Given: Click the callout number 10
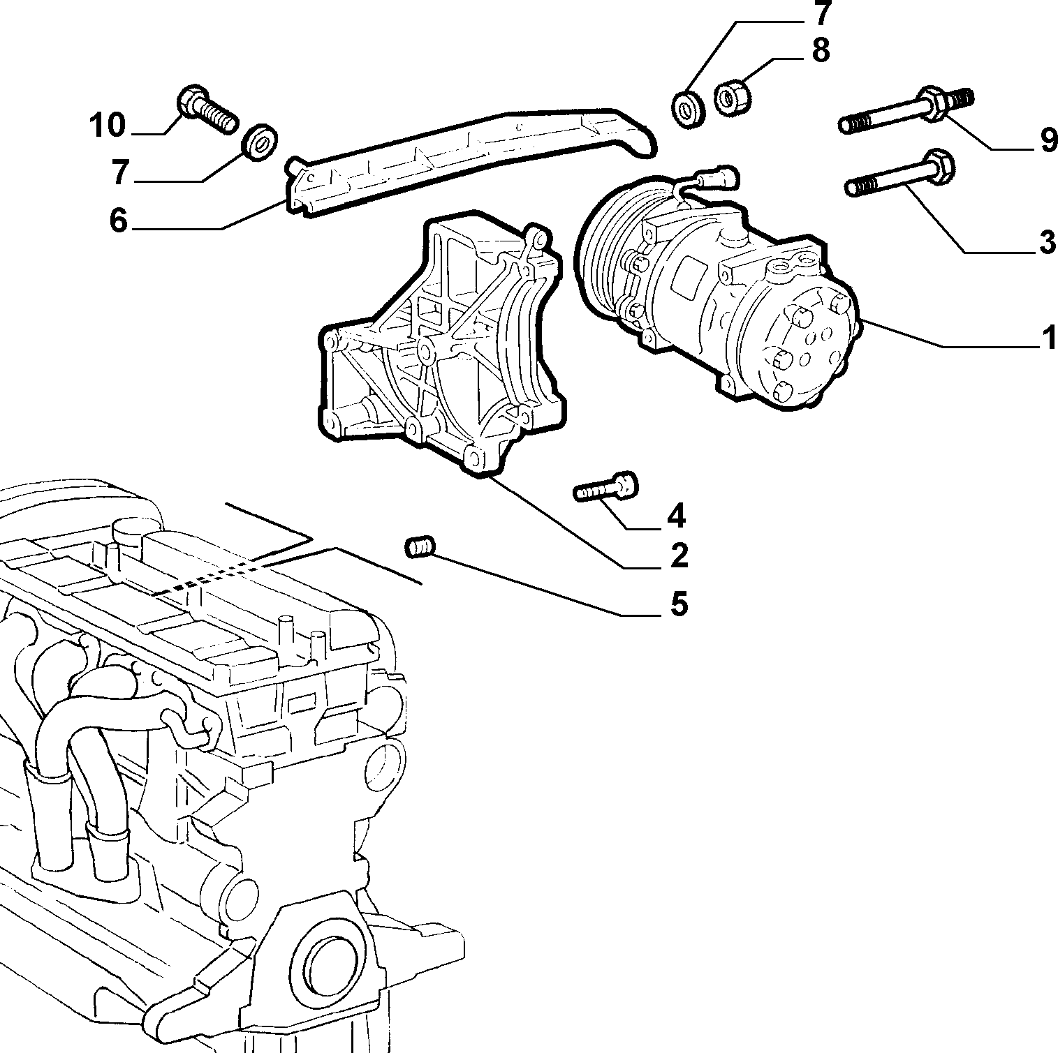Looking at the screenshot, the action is point(107,126).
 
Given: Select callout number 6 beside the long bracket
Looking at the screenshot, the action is point(119,221).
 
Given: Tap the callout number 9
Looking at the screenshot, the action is point(1048,140).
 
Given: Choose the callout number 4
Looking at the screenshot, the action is point(676,516).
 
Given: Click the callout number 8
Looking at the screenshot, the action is point(820,50).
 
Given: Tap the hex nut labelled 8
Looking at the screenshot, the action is point(733,95).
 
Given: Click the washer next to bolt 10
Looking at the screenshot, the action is point(260,142).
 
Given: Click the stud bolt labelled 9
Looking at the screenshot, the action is point(906,110).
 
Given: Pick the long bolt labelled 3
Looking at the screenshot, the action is point(900,174).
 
